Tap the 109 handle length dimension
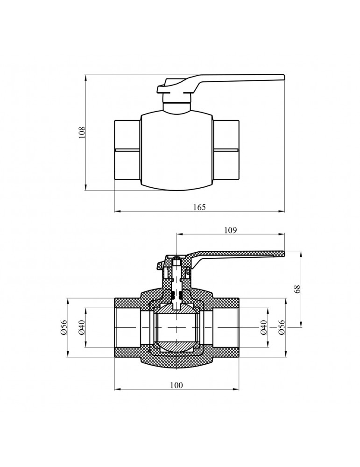point(231,230)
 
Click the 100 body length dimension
point(176,385)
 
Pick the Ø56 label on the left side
point(64,327)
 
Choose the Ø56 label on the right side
point(282,327)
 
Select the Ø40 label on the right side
point(264,327)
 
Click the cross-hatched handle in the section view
point(238,254)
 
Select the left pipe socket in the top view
point(127,150)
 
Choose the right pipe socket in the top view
point(226,150)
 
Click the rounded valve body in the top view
point(176,150)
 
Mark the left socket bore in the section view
point(131,327)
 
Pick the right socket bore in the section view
point(224,327)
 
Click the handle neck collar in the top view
point(177,106)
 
